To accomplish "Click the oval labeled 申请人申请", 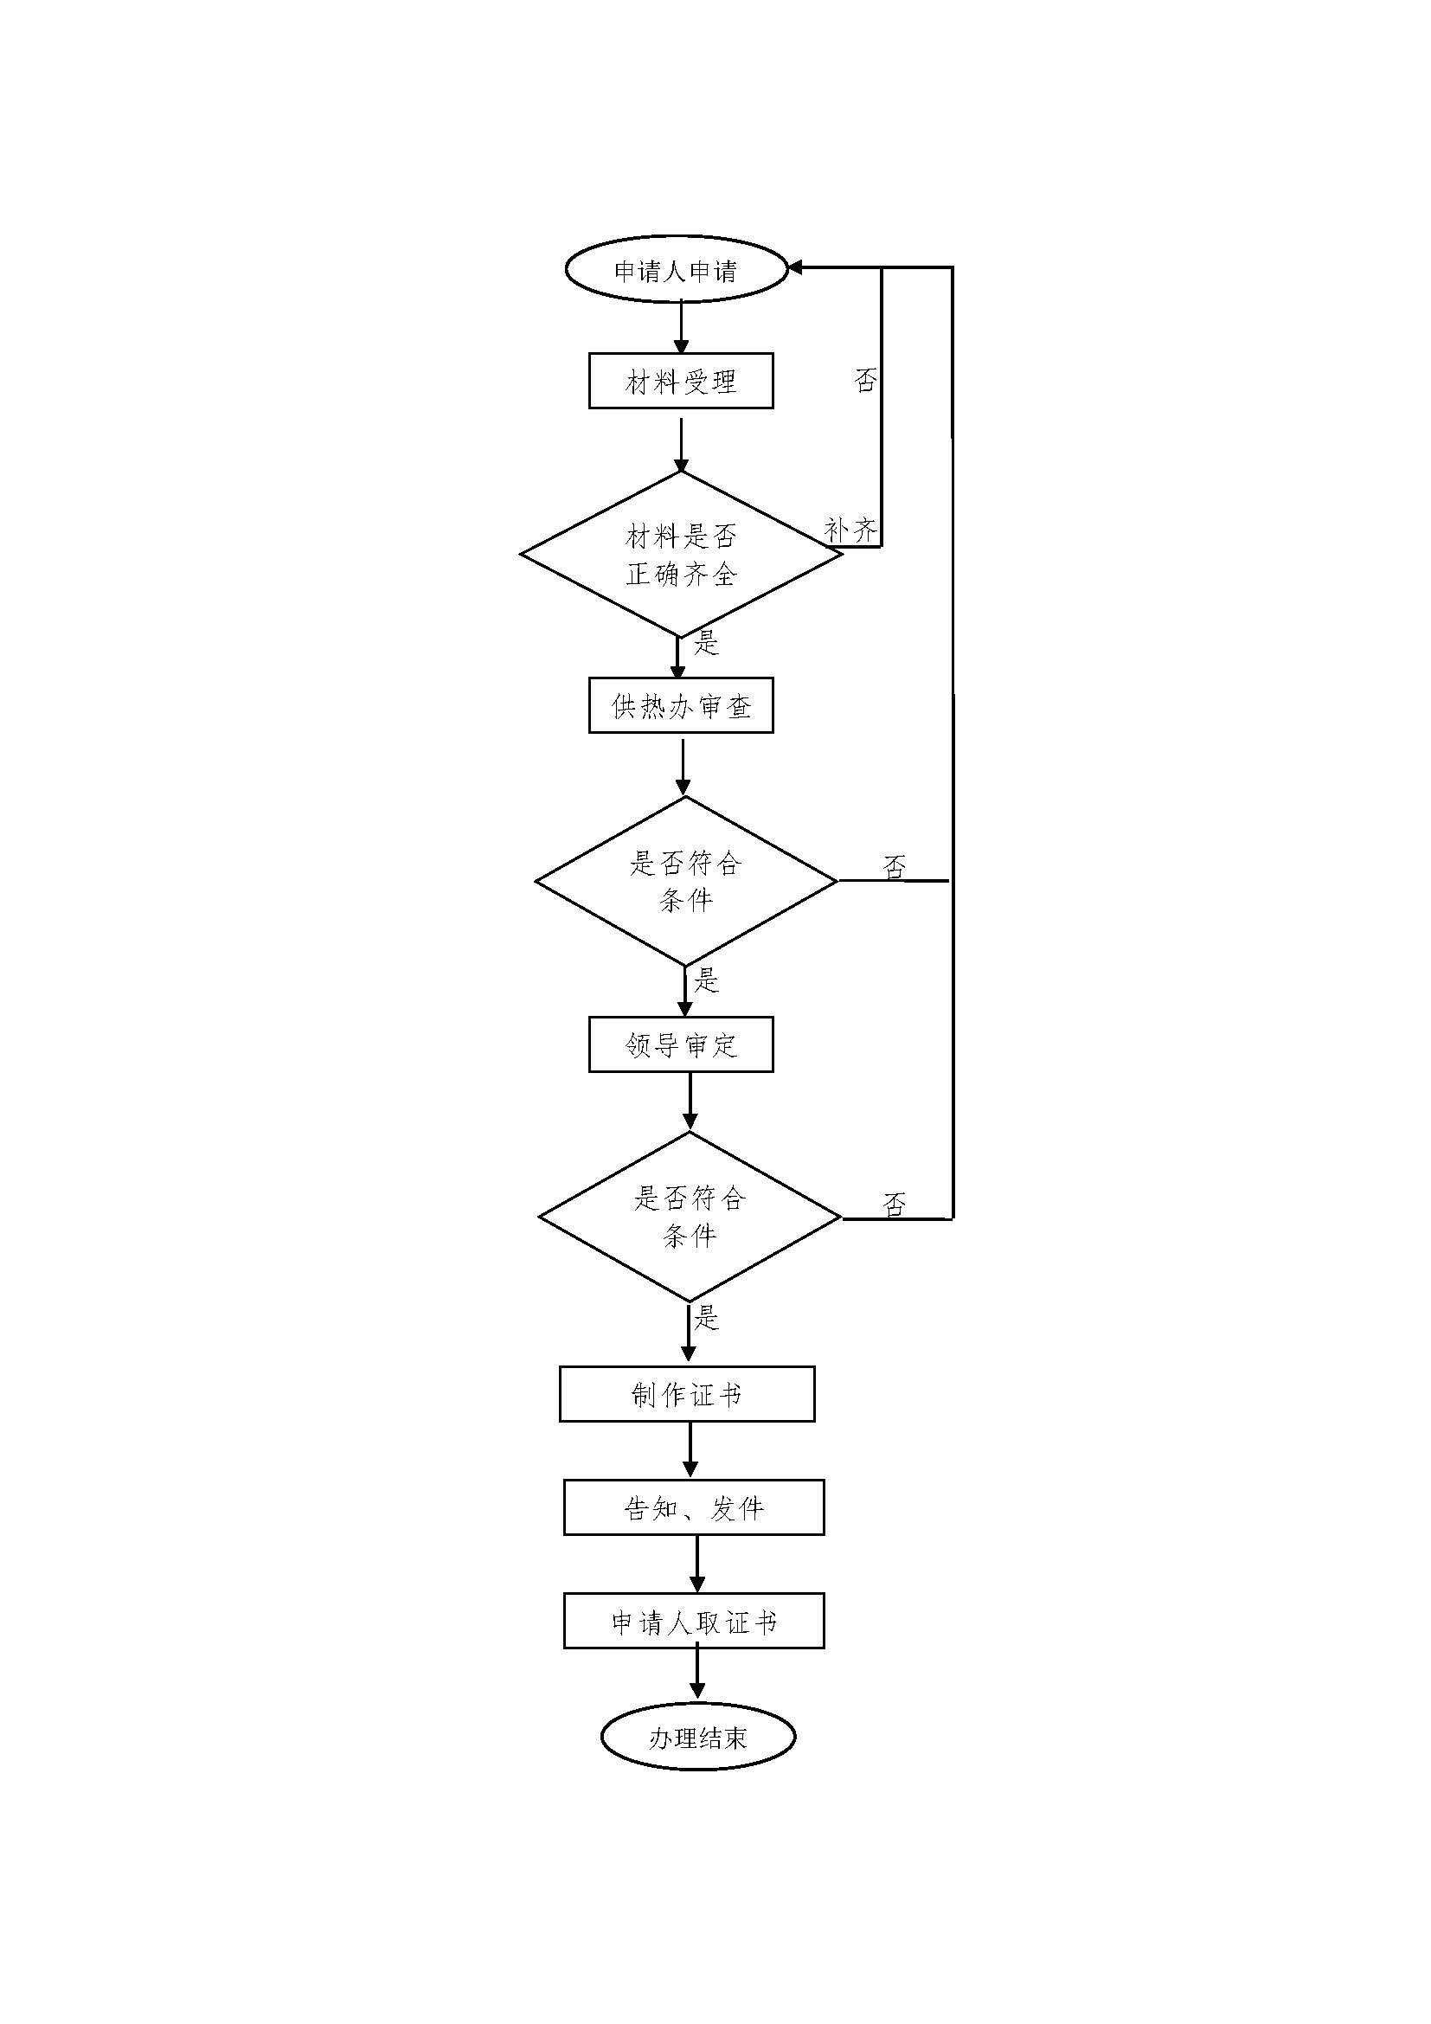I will click(676, 270).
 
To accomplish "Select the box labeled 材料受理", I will click(680, 381).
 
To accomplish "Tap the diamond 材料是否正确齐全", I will click(680, 555).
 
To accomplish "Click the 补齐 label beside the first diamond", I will click(850, 530).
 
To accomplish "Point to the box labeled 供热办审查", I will click(680, 706).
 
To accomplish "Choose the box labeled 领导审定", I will click(680, 1044).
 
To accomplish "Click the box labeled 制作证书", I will click(686, 1394).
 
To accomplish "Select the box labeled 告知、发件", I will click(694, 1507).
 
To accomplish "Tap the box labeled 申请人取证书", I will click(694, 1620).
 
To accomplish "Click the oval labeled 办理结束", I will click(698, 1737).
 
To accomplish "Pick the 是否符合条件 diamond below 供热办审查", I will click(685, 881).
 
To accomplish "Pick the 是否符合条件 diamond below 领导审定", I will click(689, 1217).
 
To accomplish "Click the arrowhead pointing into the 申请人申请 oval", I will click(794, 267).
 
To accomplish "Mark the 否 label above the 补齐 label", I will click(865, 380).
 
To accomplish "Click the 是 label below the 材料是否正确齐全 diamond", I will click(707, 643).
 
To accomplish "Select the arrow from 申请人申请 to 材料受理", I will click(680, 327).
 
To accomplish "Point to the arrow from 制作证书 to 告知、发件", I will click(690, 1449).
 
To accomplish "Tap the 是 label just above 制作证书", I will click(707, 1319).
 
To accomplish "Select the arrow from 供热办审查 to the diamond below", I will click(683, 765).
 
